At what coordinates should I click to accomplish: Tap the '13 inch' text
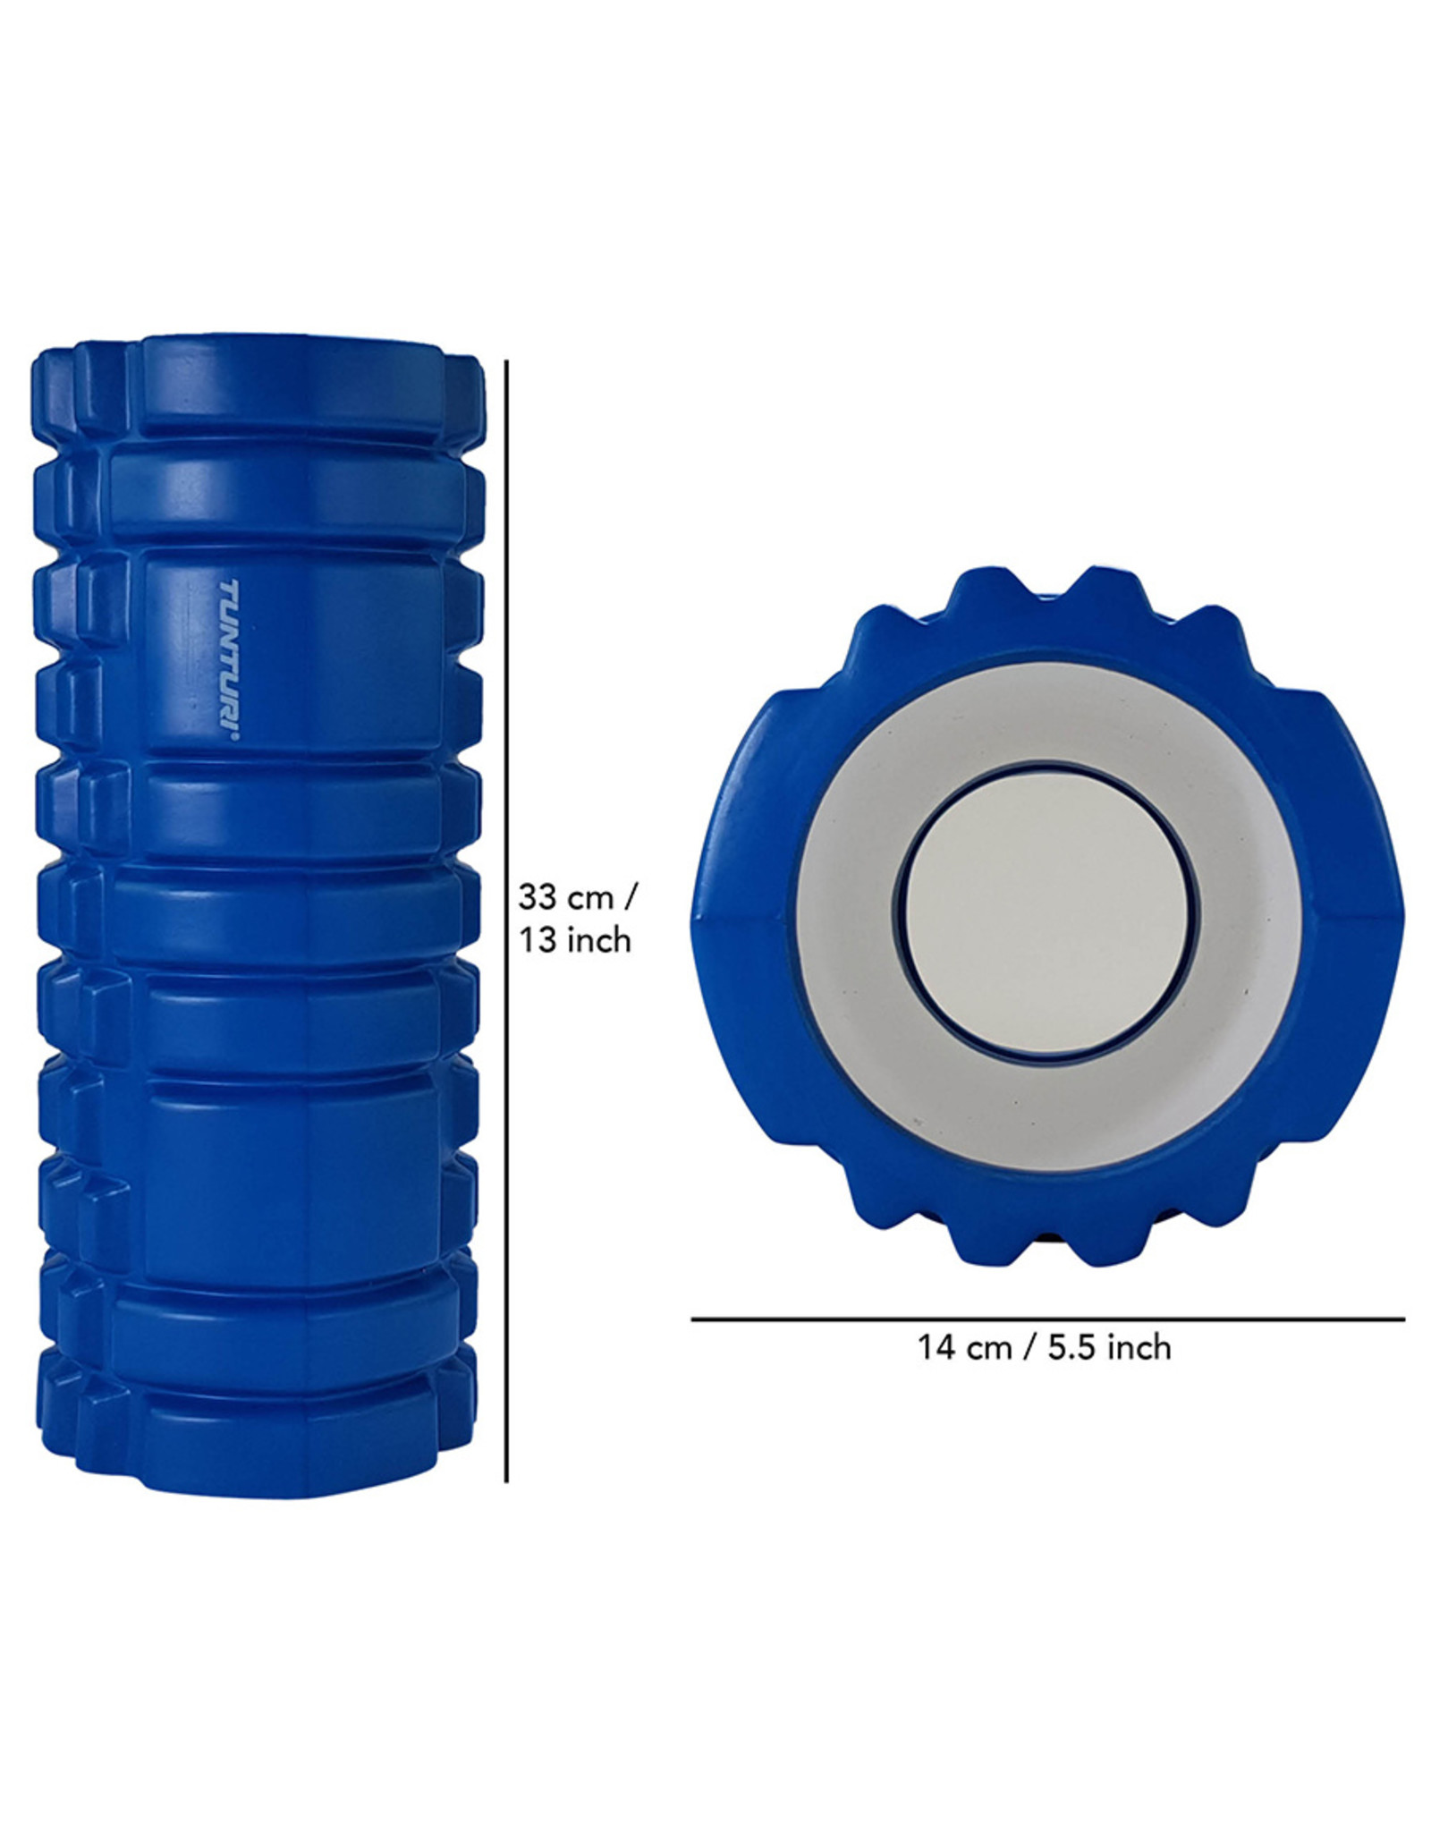(576, 940)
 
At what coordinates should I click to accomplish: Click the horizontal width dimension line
(1046, 1319)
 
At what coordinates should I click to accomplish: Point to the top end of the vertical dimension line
(507, 363)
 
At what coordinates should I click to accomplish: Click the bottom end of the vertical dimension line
(507, 1480)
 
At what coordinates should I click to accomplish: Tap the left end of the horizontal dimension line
(694, 1319)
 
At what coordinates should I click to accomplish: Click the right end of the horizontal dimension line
(1401, 1319)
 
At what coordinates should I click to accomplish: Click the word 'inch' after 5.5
(1139, 1372)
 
